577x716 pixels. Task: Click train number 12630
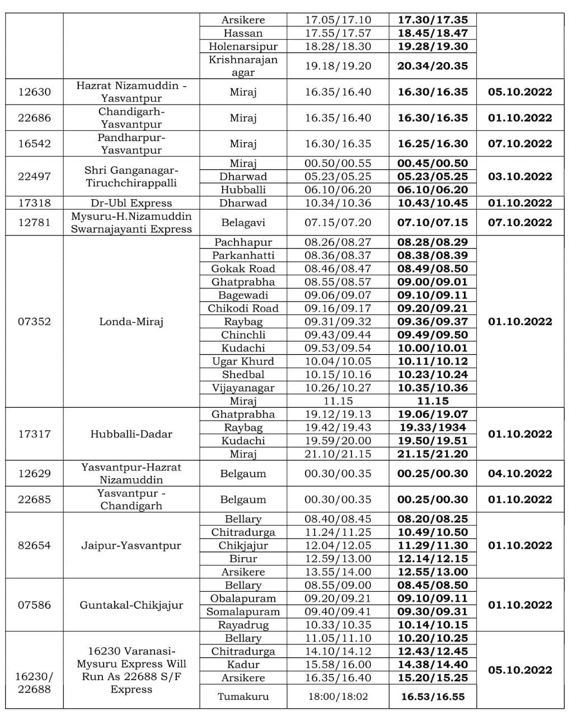click(34, 92)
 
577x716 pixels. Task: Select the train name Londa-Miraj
click(131, 322)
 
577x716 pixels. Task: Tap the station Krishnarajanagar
click(243, 65)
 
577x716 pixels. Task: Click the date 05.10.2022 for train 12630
click(520, 92)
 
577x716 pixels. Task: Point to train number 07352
click(34, 322)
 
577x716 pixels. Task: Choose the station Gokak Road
click(243, 268)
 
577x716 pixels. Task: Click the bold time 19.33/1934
click(432, 427)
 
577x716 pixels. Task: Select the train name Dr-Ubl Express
click(131, 203)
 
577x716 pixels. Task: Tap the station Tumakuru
click(243, 696)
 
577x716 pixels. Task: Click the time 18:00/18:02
click(337, 696)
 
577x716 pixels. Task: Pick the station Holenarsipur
click(243, 46)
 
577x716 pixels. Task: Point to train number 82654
click(34, 545)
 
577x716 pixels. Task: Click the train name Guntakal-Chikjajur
click(131, 605)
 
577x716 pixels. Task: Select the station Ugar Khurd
click(243, 361)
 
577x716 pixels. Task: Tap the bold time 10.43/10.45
click(432, 203)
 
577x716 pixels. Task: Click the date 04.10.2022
click(520, 474)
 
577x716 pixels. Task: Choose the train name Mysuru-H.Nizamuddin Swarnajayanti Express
click(131, 223)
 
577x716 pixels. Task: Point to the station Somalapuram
click(243, 612)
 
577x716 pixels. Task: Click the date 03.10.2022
click(520, 177)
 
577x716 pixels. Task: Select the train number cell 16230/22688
click(34, 682)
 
